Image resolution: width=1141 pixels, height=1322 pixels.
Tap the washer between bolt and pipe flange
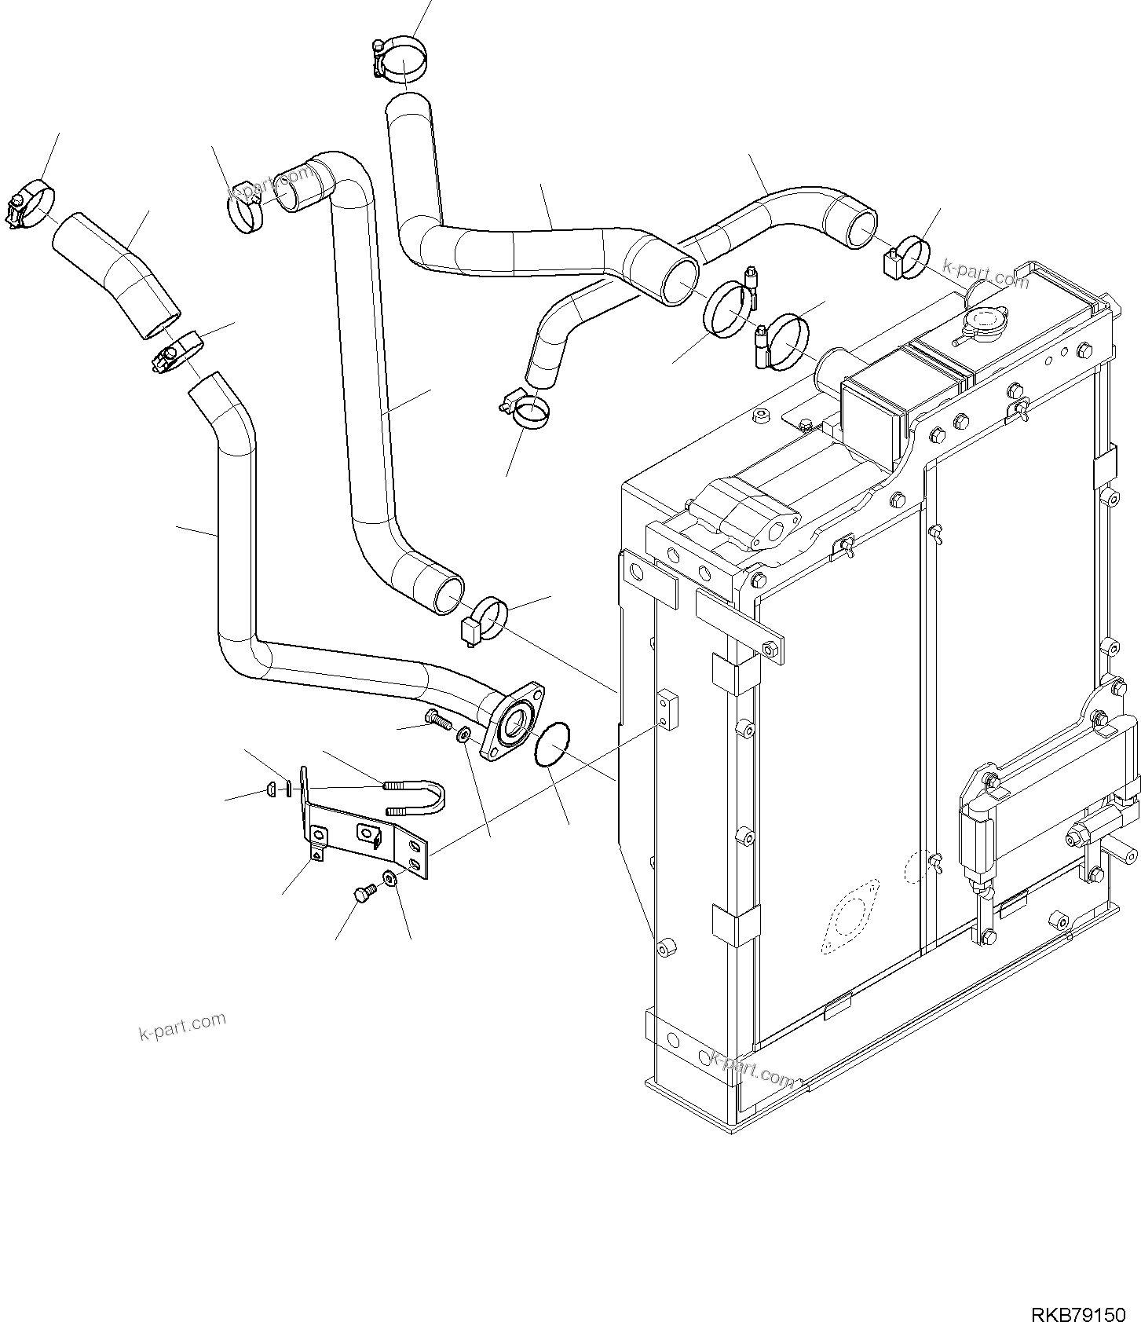(x=463, y=734)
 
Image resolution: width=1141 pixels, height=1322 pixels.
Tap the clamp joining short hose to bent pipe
(x=178, y=352)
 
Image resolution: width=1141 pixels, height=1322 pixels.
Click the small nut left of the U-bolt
(x=271, y=789)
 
